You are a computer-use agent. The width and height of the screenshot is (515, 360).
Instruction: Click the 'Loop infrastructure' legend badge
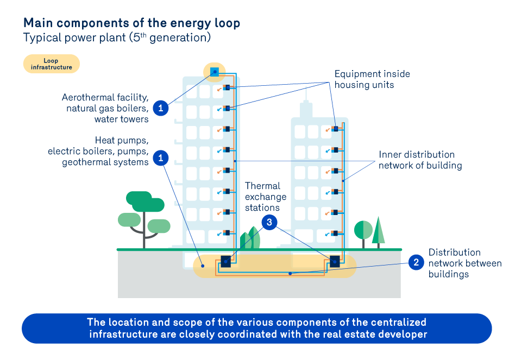[x=51, y=64]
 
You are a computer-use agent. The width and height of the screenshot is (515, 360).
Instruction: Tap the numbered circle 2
[x=416, y=263]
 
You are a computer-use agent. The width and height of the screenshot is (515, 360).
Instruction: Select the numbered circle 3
[x=269, y=222]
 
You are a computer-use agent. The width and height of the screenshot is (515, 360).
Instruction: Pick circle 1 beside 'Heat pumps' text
[x=160, y=158]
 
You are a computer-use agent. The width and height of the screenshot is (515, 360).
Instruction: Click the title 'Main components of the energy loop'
[x=131, y=23]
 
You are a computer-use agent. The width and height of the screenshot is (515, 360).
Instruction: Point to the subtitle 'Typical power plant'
[x=116, y=38]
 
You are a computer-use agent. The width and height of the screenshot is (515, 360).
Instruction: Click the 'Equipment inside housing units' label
[x=372, y=79]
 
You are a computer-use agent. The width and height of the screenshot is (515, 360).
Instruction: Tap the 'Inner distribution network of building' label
[x=420, y=160]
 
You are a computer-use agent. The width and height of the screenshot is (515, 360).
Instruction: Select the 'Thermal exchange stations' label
[x=263, y=197]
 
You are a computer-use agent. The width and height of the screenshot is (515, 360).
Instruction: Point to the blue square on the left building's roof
[x=214, y=71]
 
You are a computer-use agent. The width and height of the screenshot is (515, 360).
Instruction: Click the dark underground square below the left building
[x=225, y=261]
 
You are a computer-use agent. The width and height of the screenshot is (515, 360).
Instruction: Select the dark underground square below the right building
[x=335, y=261]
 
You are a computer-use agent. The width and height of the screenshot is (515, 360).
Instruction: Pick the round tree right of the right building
[x=363, y=230]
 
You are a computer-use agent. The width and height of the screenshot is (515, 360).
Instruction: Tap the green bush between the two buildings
[x=250, y=238]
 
